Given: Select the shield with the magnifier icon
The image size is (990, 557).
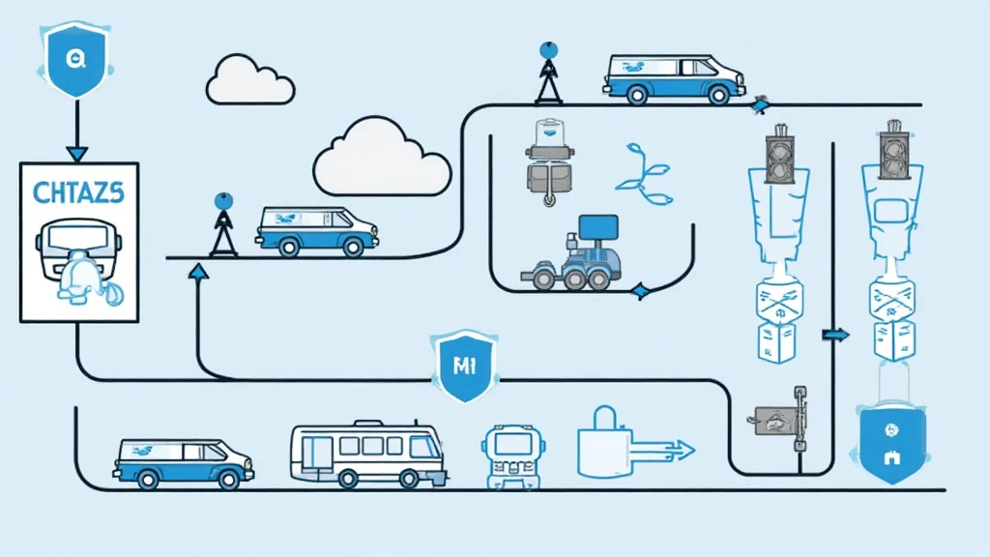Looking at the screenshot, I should point(73,60).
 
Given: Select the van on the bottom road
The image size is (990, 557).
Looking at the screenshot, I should point(183,461).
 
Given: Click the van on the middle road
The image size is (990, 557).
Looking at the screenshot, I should point(316,230).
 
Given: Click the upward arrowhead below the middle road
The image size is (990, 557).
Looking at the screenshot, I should point(198,275).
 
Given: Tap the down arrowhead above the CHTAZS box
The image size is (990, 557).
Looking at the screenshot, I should point(76,152).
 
